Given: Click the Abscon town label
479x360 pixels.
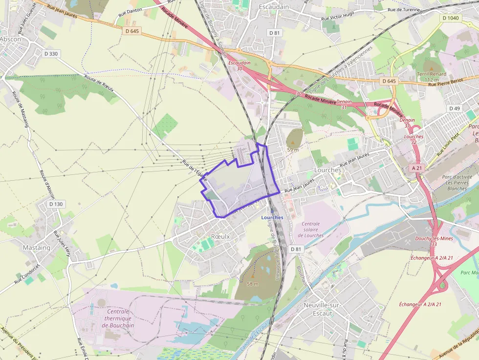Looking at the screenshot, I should pyautogui.click(x=10, y=39).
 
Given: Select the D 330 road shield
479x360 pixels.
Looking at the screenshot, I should pyautogui.click(x=50, y=54).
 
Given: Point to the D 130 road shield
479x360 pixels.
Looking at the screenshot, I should pyautogui.click(x=56, y=204).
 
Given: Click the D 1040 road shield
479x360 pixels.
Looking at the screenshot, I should pyautogui.click(x=450, y=18).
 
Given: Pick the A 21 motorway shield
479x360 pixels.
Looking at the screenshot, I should pyautogui.click(x=416, y=168).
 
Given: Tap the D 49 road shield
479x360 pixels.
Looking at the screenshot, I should pyautogui.click(x=454, y=108).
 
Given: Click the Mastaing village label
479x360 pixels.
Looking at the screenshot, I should pyautogui.click(x=37, y=248).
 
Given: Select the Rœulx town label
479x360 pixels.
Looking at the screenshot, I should pyautogui.click(x=220, y=236).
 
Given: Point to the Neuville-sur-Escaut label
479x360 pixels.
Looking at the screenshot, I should pyautogui.click(x=322, y=309).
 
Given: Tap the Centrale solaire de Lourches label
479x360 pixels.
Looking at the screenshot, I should pyautogui.click(x=311, y=230).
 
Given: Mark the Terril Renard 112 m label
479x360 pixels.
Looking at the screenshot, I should pyautogui.click(x=432, y=76).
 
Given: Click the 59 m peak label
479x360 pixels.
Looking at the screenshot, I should pyautogui.click(x=293, y=150).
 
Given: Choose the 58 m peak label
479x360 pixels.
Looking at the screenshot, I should pyautogui.click(x=253, y=284).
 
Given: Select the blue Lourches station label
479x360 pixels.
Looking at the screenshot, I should pyautogui.click(x=272, y=217).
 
